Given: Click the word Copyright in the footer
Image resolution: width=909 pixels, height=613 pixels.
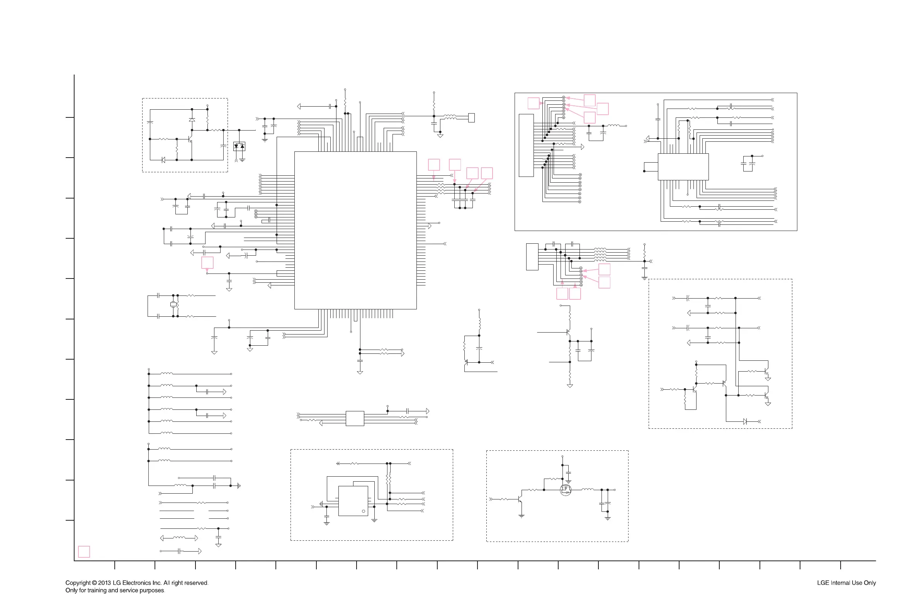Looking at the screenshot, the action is click(78, 582).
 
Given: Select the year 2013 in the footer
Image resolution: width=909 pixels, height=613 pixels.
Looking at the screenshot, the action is click(104, 582).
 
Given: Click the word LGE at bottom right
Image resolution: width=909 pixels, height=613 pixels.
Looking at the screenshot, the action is click(823, 582).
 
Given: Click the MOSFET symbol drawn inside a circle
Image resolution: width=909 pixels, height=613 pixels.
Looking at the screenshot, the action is click(565, 490).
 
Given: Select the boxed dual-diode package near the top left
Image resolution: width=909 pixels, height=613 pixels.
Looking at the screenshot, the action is click(239, 146).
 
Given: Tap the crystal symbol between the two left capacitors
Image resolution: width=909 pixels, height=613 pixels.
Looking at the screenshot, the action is click(173, 304).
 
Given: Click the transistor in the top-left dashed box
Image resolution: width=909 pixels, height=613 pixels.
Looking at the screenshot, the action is click(190, 139).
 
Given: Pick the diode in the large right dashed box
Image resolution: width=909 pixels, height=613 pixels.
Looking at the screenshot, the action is click(745, 421).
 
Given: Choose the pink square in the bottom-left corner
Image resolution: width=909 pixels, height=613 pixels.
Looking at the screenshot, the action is click(84, 552).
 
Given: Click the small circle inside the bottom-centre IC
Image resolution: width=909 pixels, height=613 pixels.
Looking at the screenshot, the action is click(363, 511).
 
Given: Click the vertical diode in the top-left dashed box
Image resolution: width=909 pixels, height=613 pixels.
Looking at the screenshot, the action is click(192, 120).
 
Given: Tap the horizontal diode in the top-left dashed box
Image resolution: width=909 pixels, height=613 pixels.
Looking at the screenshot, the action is click(163, 160).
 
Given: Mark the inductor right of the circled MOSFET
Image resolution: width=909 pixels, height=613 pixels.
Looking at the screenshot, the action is click(587, 489).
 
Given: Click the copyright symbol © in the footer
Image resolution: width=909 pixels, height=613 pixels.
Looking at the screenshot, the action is click(94, 582).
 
